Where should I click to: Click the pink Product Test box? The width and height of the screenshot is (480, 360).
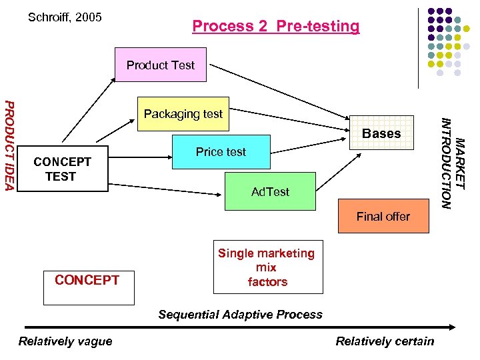pos(161,65)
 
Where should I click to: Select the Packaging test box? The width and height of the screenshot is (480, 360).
pos(183,114)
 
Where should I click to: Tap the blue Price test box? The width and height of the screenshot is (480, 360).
pos(221,152)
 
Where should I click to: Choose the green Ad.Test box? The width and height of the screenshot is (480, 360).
pos(270,191)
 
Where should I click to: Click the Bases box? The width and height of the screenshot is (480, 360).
pos(381,133)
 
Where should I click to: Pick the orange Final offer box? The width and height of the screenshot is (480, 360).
pos(383,216)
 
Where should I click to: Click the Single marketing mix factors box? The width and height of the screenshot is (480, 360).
pos(267,267)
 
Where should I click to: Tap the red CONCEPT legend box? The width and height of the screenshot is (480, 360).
pos(87,280)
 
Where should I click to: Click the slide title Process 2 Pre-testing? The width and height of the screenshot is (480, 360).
pos(275,26)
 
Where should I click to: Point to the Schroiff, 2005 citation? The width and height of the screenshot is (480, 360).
pos(65,17)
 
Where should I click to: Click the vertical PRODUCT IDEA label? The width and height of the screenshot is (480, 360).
pos(9,144)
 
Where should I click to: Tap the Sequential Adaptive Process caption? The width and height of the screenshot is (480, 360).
pos(240,314)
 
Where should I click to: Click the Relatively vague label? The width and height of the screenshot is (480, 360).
pos(65,341)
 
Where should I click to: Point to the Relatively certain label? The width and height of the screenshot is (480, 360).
pos(385,341)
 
